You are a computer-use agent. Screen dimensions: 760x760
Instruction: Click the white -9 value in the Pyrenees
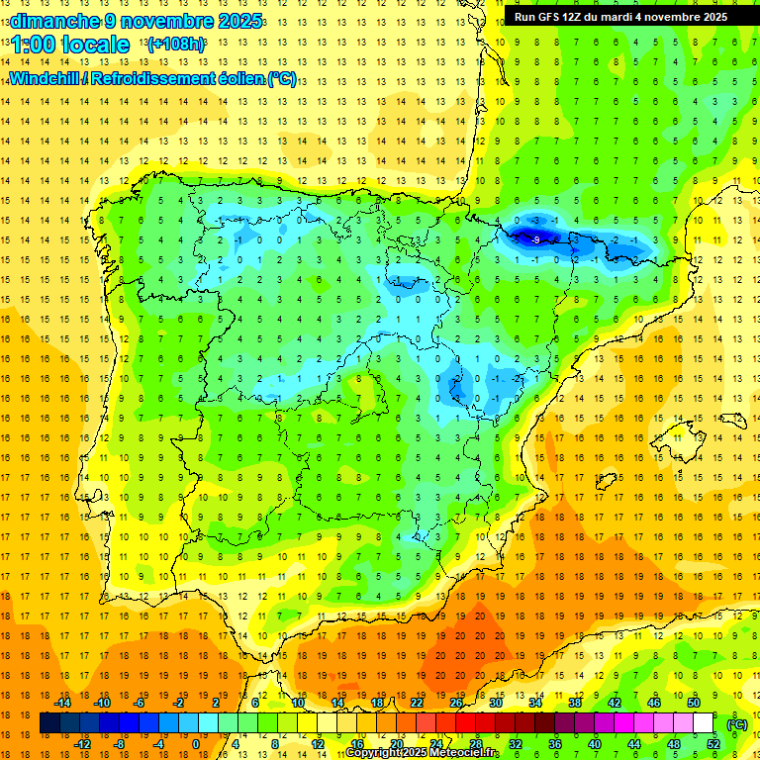(534, 239)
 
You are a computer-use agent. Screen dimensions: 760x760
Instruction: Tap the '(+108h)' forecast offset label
(175, 45)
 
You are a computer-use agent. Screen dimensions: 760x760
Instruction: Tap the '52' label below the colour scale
(712, 744)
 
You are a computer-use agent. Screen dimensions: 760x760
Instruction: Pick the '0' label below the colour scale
(195, 744)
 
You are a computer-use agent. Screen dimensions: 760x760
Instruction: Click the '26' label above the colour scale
(455, 703)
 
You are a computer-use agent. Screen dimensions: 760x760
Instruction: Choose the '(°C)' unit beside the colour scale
(737, 723)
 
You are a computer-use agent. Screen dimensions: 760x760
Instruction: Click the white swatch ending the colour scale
(703, 723)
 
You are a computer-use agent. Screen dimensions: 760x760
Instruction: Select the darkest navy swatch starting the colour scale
(50, 723)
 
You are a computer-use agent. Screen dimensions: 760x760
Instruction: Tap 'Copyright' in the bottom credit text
(377, 753)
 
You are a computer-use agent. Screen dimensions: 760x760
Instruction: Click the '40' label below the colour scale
(594, 744)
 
